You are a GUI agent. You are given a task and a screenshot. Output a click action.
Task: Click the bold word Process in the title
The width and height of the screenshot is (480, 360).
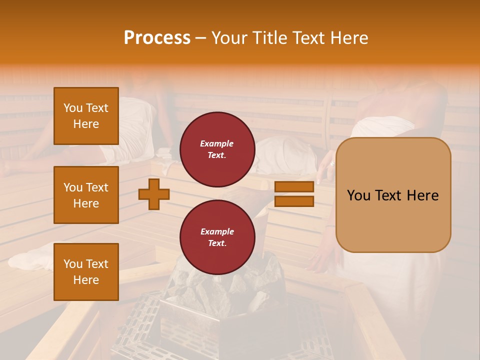(157, 38)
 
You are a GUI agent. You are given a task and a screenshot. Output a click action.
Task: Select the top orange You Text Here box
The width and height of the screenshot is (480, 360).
(86, 116)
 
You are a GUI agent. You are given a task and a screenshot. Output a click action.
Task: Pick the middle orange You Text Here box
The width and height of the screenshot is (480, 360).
(86, 195)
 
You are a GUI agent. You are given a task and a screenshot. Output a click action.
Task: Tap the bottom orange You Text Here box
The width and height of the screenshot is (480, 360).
(86, 272)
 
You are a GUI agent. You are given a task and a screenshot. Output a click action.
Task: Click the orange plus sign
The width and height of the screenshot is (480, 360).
(154, 194)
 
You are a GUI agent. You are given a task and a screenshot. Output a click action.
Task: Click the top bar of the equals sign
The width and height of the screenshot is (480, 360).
(294, 187)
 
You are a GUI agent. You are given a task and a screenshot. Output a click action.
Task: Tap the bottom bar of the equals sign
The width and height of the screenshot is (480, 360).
(294, 201)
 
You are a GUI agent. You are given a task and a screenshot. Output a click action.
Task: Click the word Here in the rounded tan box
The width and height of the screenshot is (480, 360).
(422, 195)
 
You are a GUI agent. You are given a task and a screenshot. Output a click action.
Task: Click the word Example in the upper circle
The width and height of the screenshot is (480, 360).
(217, 143)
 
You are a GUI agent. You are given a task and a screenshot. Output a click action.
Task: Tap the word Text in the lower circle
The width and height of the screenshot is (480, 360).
(217, 243)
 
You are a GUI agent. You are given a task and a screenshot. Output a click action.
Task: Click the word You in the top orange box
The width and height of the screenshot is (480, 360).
(73, 108)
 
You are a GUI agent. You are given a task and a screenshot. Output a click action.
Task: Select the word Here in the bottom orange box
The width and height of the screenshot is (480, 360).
(86, 280)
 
